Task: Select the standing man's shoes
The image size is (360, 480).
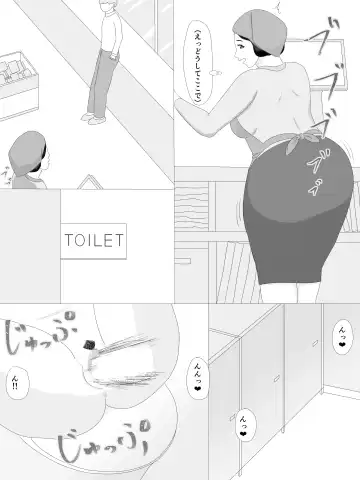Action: point(95,119)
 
